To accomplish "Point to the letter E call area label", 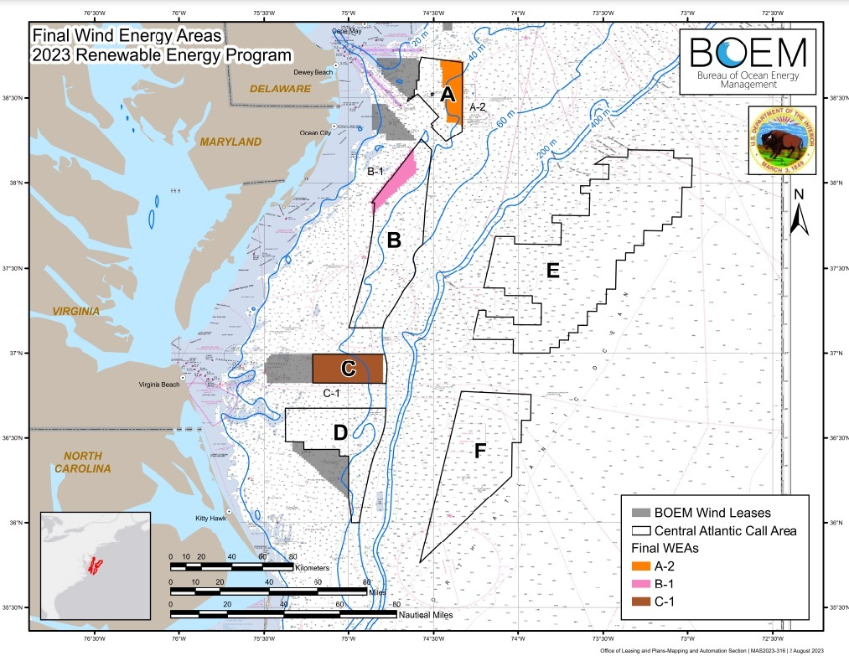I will point(551,271).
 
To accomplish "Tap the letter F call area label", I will point(479,451).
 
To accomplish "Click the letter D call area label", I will point(340,432).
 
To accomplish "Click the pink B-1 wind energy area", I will point(398,176).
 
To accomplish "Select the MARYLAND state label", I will point(230,142).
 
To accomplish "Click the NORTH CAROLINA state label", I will point(82,462).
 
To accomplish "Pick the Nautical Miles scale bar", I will point(283,614).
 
